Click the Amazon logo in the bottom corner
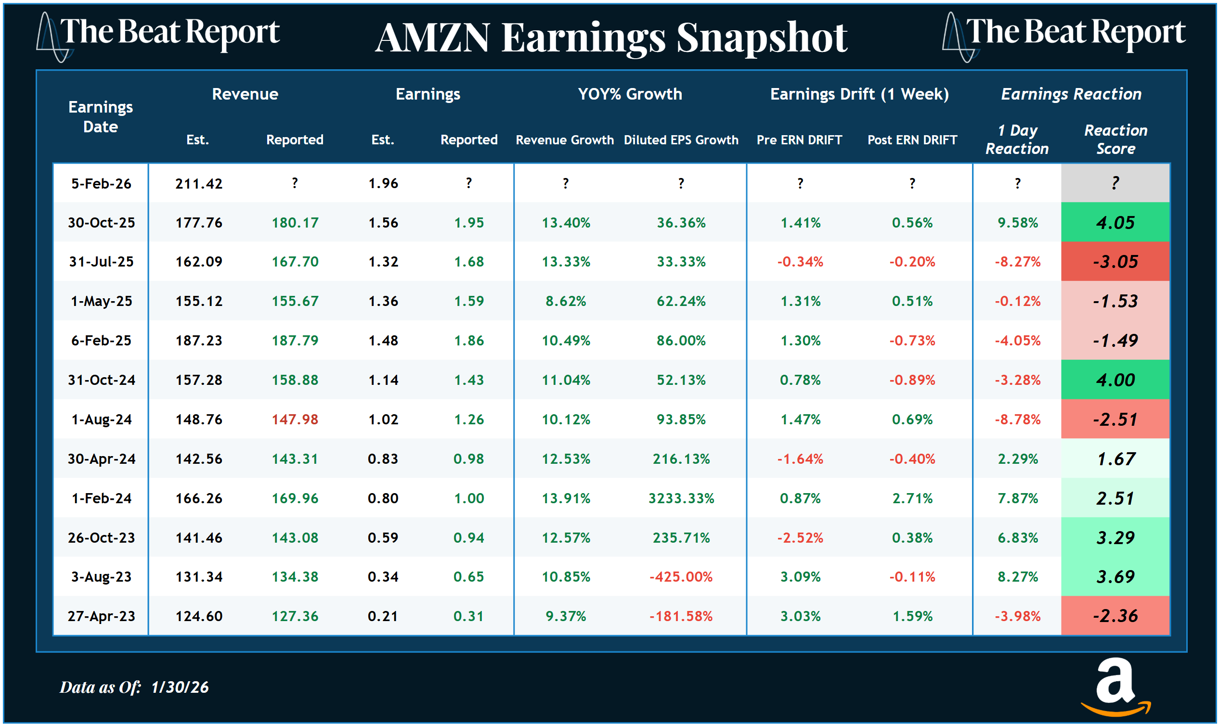pos(1115,687)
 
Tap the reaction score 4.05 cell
pos(1115,223)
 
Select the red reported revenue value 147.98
pos(295,420)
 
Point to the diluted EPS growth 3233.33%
pos(681,498)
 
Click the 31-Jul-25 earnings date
pos(101,262)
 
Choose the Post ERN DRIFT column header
pos(912,140)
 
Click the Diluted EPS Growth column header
pos(681,140)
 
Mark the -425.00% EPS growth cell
pos(681,577)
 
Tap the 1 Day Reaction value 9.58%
pos(1018,223)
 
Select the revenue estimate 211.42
pos(198,184)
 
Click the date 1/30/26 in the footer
pos(180,687)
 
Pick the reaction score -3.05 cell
pos(1115,262)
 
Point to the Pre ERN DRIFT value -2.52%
pos(800,538)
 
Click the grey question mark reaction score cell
pos(1115,183)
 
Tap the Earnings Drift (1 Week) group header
pos(859,94)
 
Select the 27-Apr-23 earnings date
pos(101,616)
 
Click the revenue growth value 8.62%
pos(566,301)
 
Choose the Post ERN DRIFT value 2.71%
pos(912,498)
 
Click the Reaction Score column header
pos(1115,139)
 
